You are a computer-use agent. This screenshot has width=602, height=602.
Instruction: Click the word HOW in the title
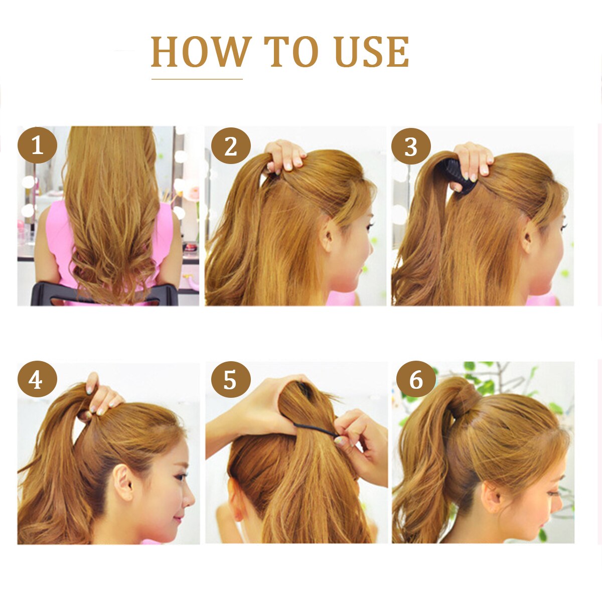pyautogui.click(x=200, y=52)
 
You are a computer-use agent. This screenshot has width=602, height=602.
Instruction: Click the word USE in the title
pyautogui.click(x=372, y=52)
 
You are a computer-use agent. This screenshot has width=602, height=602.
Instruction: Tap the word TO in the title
pyautogui.click(x=291, y=52)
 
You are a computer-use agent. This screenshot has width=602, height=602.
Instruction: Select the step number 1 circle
pyautogui.click(x=37, y=145)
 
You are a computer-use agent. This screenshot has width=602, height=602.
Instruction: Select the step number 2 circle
pyautogui.click(x=230, y=146)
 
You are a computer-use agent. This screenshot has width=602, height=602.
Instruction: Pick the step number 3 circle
pyautogui.click(x=411, y=146)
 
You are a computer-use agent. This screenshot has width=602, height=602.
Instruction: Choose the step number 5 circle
pyautogui.click(x=230, y=380)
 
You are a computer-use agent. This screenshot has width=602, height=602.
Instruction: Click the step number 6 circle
pyautogui.click(x=416, y=380)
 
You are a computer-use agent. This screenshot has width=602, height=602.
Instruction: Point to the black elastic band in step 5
pyautogui.click(x=316, y=429)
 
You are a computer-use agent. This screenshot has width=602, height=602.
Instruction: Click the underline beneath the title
pyautogui.click(x=197, y=79)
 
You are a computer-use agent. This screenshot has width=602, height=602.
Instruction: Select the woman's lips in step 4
pyautogui.click(x=178, y=520)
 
